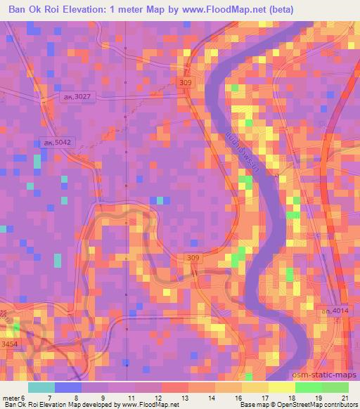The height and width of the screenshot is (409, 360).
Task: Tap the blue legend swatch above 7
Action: click(x=67, y=387)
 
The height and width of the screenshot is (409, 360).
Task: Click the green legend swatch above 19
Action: click(x=308, y=387)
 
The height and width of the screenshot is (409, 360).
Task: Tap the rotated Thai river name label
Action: click(x=240, y=154)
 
